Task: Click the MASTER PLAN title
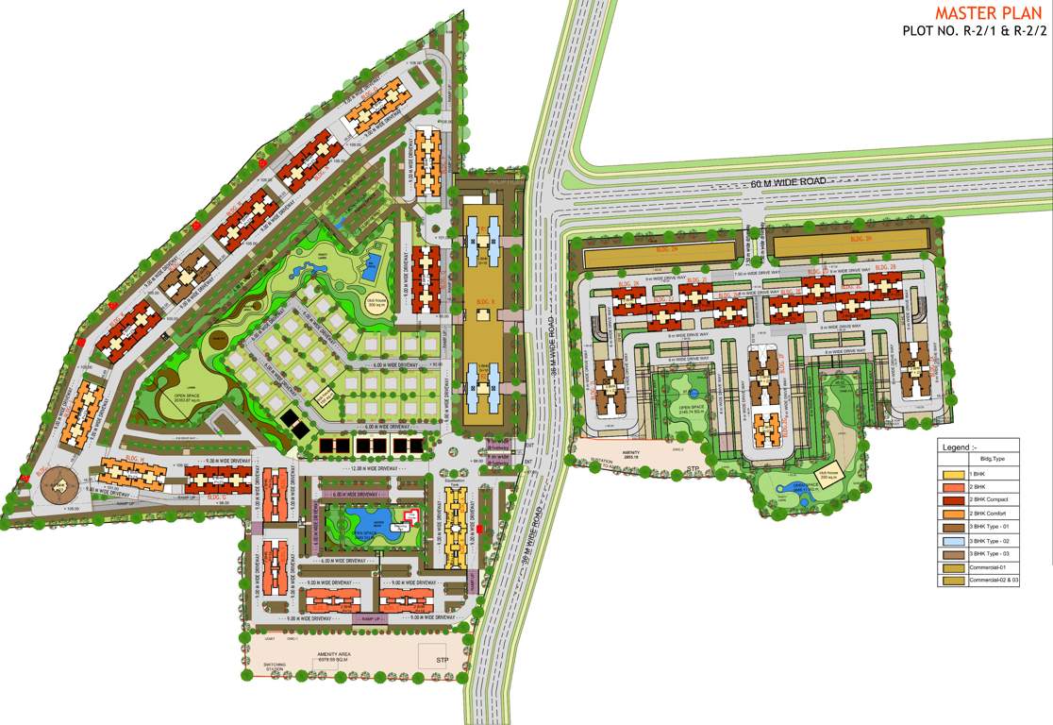point(990,13)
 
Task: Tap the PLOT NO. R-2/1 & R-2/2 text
point(975,32)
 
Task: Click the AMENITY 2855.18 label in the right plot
point(630,455)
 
